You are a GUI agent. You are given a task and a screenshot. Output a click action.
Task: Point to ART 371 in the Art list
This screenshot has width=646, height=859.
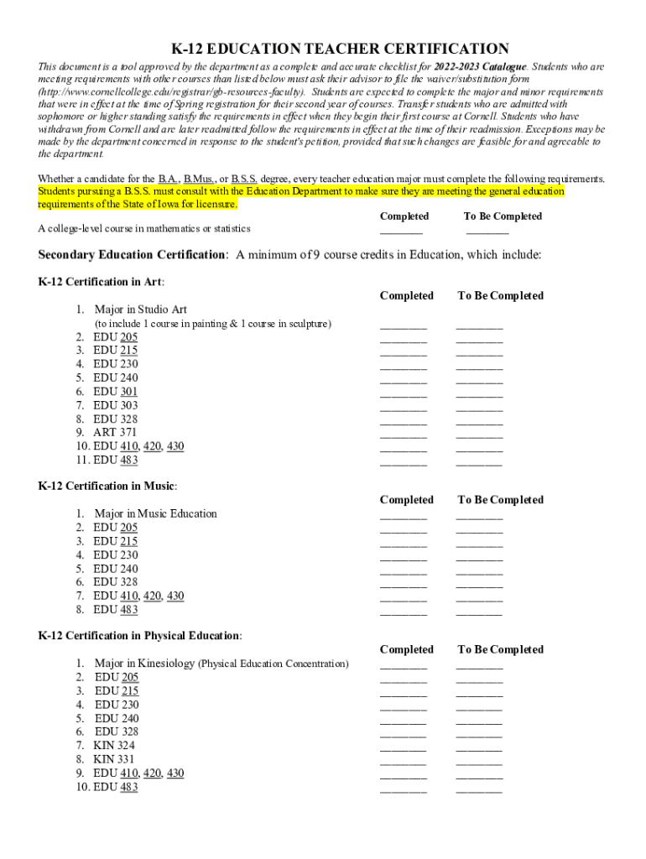pos(115,432)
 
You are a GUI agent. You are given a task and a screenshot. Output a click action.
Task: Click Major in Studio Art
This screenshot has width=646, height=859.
pos(140,309)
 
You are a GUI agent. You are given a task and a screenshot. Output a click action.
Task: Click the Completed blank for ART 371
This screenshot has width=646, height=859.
pos(403,435)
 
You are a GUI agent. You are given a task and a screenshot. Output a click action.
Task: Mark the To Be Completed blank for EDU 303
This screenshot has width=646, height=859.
pos(479,409)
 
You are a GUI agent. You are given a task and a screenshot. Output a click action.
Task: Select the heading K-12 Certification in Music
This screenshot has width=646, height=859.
pos(107,485)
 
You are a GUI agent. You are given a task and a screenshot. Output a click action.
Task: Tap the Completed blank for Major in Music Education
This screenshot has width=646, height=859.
pos(403,517)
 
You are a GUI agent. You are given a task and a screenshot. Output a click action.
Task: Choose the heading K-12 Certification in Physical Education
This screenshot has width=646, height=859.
pos(140,635)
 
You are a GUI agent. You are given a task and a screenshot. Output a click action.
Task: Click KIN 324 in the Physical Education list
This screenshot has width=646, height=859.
pos(114,745)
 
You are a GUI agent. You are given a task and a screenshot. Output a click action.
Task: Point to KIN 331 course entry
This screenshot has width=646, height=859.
pos(114,759)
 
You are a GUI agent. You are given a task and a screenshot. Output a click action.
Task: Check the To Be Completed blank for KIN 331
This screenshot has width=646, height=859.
pos(479,763)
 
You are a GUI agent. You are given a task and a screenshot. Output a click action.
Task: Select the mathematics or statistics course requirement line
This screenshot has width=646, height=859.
pos(144,228)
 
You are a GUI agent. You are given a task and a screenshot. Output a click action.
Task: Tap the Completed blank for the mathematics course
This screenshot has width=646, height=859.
pos(401,232)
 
